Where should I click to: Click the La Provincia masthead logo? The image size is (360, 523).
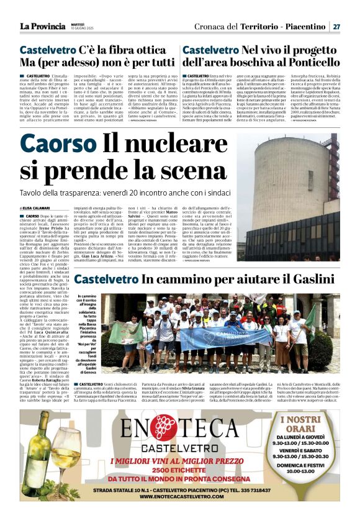tap(42, 27)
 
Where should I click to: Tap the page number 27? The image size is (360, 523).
tap(336, 27)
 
